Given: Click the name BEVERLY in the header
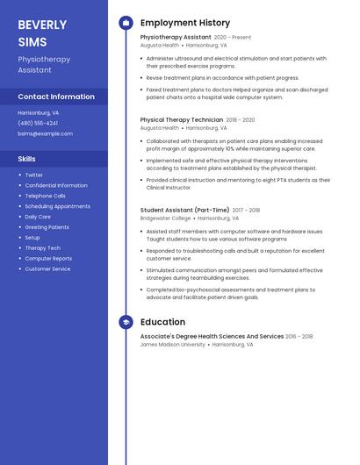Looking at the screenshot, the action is [42, 24].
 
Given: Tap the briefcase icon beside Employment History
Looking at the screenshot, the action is [126, 23].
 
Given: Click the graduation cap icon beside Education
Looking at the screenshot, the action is [126, 322].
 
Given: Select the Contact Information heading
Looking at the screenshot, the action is [56, 97].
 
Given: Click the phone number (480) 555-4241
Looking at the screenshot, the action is [38, 123].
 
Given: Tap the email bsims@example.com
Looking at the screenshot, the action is [45, 133].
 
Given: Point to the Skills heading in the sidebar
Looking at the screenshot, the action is [27, 159].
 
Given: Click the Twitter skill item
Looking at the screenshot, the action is [33, 175].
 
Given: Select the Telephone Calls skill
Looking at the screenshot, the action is [45, 196].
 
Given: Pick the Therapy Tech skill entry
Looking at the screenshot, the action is [42, 248].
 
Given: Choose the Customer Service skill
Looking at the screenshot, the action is [47, 269].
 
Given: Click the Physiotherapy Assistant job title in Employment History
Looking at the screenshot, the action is [176, 38].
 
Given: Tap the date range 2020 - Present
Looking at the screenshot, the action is [233, 38].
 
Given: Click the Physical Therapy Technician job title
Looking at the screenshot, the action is [182, 119].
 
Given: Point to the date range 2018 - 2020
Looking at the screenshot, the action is [241, 119].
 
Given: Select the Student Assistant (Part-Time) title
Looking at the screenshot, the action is [184, 210].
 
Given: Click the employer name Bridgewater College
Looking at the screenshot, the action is [165, 218].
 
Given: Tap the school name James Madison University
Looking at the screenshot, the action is [173, 345].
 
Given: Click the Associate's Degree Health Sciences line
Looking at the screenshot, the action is [212, 336].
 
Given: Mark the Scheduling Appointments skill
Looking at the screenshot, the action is [57, 206].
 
